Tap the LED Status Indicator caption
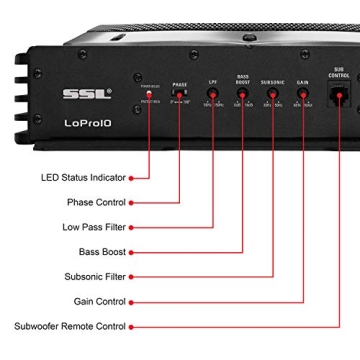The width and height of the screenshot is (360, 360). pos(83,178)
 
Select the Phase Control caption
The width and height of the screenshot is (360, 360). pos(96,202)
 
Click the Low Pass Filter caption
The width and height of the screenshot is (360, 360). pos(94,227)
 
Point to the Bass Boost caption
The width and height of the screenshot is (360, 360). pos(102,252)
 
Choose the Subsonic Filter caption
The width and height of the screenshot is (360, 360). pos(95,276)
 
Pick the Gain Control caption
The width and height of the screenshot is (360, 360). pos(100,301)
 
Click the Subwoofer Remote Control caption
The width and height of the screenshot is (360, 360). pos(70,326)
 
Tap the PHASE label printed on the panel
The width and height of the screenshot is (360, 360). pos(180,85)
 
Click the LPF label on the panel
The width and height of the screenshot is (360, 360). pos(213,82)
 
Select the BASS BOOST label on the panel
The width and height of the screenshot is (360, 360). pos(243,79)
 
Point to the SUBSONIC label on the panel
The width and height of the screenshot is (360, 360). pos(273,82)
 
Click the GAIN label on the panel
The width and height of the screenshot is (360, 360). pos(302,82)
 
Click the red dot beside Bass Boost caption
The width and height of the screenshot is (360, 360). pos(132,252)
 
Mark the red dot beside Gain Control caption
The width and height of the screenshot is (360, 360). pos(132,301)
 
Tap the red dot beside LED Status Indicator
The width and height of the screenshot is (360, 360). pos(132,178)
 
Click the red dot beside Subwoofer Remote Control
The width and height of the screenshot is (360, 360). pos(132,326)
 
